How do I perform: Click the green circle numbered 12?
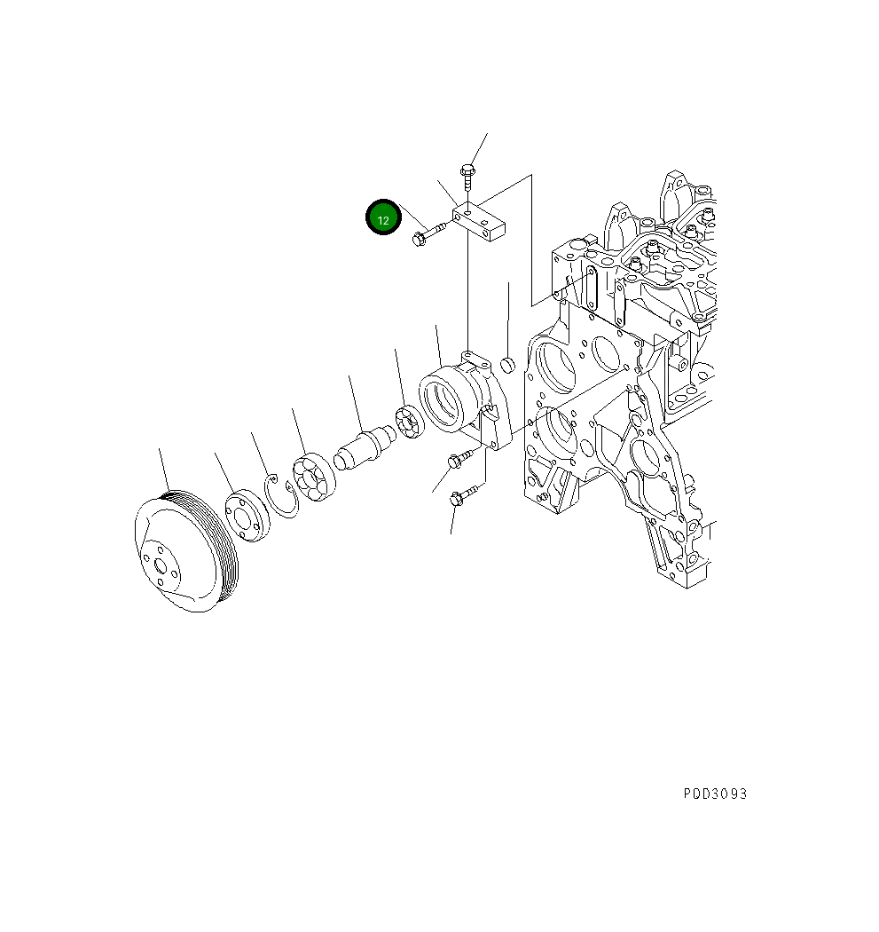click(x=383, y=217)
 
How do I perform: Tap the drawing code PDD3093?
click(x=715, y=794)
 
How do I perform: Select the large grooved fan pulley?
click(x=186, y=551)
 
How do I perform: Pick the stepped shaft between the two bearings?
click(x=365, y=447)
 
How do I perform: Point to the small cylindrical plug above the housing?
click(x=508, y=365)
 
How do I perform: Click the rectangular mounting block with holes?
click(x=479, y=221)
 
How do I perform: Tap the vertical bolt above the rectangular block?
click(x=467, y=178)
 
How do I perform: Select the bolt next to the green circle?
click(x=428, y=233)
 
